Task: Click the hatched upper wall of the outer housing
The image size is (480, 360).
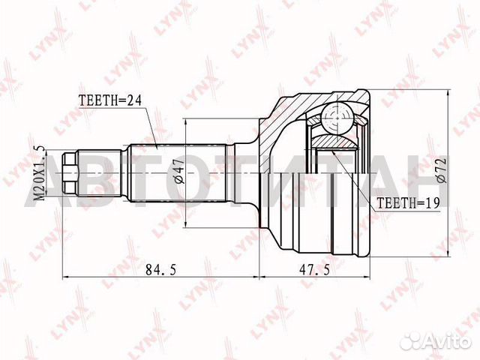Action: [x=300, y=105]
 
